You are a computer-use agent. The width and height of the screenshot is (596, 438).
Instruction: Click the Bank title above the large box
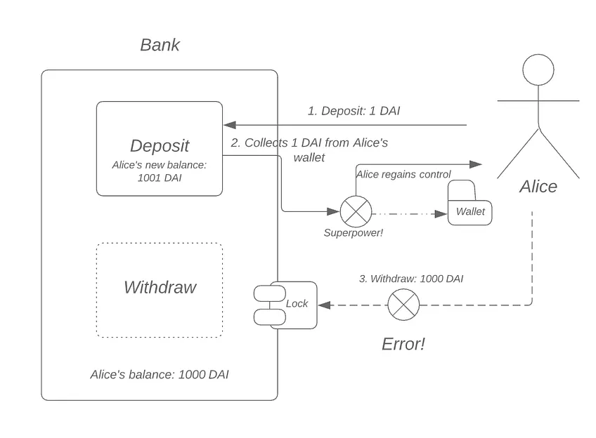pos(160,45)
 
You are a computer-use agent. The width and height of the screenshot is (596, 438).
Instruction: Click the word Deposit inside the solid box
pos(160,146)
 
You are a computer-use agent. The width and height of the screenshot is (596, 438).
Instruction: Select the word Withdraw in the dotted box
pos(160,287)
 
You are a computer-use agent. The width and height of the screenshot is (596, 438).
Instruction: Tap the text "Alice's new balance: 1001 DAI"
pos(160,171)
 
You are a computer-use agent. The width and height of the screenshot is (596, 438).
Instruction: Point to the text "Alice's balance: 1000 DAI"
pos(160,375)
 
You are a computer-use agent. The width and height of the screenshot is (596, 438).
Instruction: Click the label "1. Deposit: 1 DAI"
pos(354,111)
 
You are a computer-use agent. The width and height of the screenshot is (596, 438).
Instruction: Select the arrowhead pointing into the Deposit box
pos(230,125)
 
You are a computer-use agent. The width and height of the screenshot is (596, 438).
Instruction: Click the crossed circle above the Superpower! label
pos(356,211)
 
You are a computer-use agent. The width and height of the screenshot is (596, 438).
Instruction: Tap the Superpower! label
pos(353,232)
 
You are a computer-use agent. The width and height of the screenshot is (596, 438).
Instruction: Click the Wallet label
pos(470,211)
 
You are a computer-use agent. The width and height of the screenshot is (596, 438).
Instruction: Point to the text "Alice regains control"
pos(403,174)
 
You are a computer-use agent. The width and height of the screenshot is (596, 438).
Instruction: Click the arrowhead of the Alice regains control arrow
pos(476,164)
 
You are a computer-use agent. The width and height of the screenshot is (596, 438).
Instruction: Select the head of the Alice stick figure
pos(538,69)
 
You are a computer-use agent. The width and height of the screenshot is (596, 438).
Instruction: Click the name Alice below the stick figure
pos(538,187)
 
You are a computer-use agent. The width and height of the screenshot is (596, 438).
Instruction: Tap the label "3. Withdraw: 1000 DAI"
pos(411,279)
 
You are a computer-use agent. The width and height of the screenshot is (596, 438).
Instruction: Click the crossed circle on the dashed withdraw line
pos(403,305)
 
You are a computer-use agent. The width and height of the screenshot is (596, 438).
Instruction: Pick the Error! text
pos(403,344)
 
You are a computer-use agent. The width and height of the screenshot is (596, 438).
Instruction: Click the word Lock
pos(297,304)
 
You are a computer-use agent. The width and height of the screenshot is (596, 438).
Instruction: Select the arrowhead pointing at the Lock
pos(324,305)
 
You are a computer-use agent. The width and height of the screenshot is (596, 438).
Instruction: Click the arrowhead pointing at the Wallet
pos(441,214)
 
